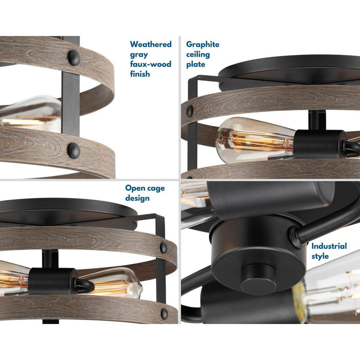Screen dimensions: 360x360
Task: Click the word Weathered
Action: [x=151, y=45]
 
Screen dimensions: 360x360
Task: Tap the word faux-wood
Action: [x=150, y=64]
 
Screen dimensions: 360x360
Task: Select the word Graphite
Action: [x=203, y=45]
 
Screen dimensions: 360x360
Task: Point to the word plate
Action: [x=195, y=64]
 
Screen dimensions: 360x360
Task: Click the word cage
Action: [x=155, y=188]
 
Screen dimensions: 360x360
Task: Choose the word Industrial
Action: [x=332, y=246]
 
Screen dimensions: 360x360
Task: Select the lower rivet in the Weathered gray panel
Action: [x=74, y=150]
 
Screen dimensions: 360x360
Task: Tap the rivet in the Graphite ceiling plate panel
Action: [x=190, y=110]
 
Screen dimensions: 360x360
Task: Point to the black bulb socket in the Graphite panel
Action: [x=319, y=145]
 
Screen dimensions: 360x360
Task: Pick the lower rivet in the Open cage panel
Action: [x=164, y=313]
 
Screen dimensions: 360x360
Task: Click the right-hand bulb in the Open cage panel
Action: [x=118, y=283]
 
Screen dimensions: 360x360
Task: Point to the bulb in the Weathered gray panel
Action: [x=31, y=113]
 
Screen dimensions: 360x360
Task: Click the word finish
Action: [x=140, y=74]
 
